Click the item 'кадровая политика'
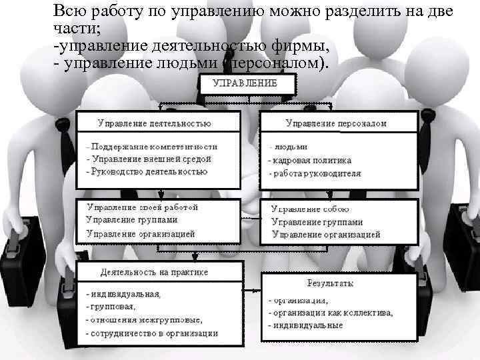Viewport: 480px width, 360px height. (313, 161)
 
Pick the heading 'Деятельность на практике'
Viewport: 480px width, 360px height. (154, 272)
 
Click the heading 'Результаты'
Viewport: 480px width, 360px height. (330, 283)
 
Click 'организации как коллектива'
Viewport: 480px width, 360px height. (333, 313)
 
